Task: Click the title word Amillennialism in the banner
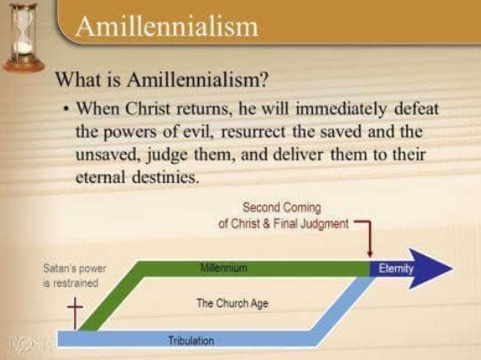click(166, 26)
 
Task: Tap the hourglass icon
click(23, 37)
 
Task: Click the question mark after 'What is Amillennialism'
click(263, 79)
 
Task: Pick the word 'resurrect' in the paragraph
click(253, 131)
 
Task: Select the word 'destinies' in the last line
click(165, 177)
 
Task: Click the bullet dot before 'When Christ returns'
click(65, 109)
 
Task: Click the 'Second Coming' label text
click(282, 207)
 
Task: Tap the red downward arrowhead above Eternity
click(370, 254)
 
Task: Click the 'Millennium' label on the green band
click(224, 268)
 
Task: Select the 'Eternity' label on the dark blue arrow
click(396, 268)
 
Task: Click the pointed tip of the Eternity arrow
click(452, 269)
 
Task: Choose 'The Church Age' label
click(232, 304)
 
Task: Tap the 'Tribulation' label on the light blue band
click(190, 340)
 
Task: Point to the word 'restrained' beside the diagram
click(71, 283)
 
